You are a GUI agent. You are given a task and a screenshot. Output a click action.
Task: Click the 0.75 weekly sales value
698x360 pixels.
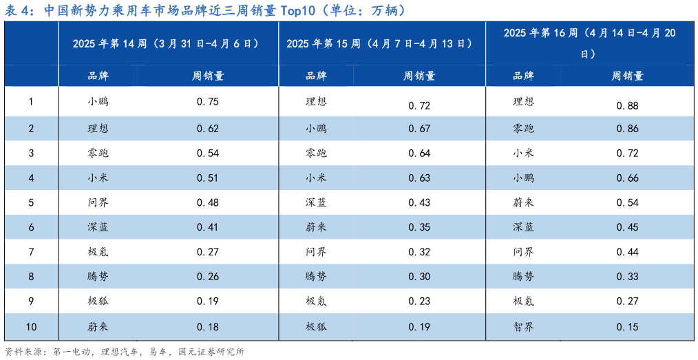(207, 102)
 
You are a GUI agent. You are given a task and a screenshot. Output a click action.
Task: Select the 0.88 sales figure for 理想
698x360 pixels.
(628, 105)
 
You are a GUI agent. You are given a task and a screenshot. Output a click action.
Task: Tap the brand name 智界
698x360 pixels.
(523, 326)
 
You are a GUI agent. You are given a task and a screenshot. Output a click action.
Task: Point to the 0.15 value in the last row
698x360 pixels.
(628, 326)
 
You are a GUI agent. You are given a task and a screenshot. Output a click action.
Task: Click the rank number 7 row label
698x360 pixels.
(31, 251)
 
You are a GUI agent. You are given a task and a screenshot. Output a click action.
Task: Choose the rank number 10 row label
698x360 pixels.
(31, 326)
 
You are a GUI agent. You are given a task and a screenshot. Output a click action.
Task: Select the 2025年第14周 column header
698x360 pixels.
(166, 43)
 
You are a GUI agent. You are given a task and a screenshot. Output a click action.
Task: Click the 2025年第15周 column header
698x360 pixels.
(379, 43)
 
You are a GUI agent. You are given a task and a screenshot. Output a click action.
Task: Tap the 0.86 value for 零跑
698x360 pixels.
(628, 128)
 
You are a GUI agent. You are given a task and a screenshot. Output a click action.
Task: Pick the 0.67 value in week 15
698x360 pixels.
(419, 129)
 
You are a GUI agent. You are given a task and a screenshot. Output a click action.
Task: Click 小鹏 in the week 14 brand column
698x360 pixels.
(98, 102)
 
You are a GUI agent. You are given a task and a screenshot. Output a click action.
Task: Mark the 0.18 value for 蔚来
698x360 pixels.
(207, 326)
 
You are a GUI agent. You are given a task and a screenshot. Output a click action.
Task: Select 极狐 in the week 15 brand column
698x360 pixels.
(316, 326)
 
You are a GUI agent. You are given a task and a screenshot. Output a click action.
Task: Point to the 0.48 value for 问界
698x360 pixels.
(207, 202)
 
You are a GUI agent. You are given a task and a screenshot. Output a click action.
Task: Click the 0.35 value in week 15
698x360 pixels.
(419, 227)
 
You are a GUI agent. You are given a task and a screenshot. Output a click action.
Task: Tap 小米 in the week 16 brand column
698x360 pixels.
(523, 153)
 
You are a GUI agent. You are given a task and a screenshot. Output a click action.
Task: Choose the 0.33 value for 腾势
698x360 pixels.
(628, 277)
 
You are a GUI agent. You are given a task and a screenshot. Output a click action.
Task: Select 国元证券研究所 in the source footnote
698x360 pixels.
(211, 352)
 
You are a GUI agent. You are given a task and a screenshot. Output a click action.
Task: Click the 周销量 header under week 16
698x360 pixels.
(627, 76)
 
